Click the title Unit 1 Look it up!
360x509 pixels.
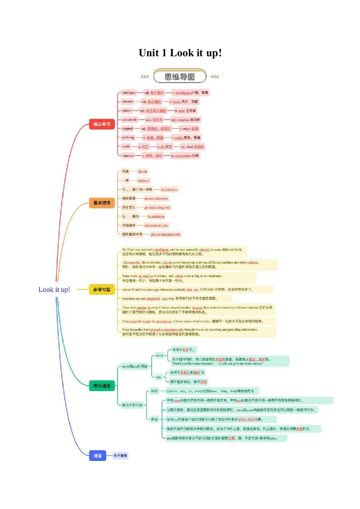click(180, 53)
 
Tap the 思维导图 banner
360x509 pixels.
click(180, 77)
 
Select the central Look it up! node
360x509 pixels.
click(54, 289)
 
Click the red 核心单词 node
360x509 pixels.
click(102, 123)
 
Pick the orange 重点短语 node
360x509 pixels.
click(102, 203)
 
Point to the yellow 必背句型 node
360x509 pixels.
click(102, 289)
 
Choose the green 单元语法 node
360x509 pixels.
click(102, 386)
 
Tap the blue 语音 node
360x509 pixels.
click(98, 455)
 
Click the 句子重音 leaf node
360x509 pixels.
click(121, 455)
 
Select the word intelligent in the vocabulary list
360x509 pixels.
click(128, 93)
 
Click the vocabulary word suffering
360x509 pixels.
click(128, 137)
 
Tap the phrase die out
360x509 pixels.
click(143, 171)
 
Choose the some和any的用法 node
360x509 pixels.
click(134, 366)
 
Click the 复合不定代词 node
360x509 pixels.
click(132, 405)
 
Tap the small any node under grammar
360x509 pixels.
click(158, 377)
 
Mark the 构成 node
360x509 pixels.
click(154, 391)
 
